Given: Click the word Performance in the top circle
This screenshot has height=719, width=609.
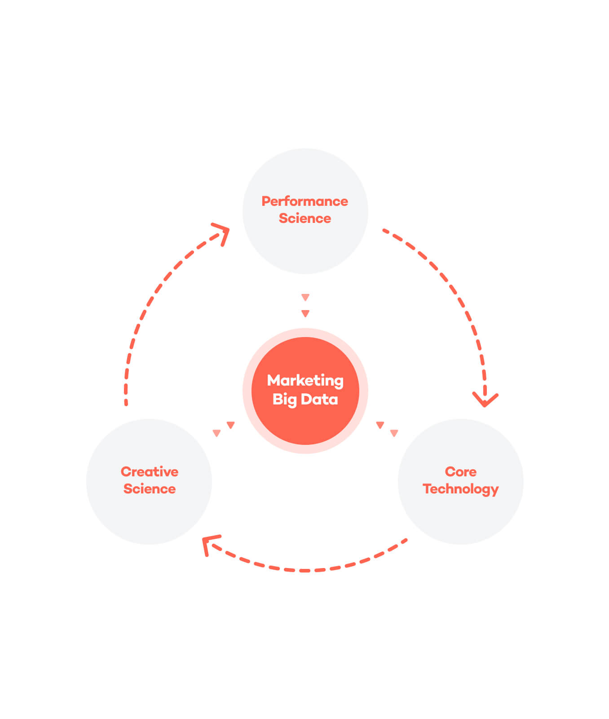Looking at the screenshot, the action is coord(304,201).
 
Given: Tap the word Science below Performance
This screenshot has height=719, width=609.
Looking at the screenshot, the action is coord(305,218).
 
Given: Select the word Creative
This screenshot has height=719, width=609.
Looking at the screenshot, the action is coord(150,472).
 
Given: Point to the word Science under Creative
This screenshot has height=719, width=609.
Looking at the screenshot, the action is coord(150,489).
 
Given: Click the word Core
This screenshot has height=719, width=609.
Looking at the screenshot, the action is coord(461,472).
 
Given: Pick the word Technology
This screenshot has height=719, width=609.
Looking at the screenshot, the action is coord(461,489).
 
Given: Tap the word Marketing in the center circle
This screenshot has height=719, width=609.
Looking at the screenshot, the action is coord(305,381).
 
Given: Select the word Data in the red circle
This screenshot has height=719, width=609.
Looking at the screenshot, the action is coord(319,399).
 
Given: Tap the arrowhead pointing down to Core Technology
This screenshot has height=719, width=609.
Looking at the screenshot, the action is coord(485,399).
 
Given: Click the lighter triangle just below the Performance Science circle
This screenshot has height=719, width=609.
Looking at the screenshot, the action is coord(305,297).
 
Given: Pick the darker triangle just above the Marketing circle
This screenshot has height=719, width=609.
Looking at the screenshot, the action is coord(305,314).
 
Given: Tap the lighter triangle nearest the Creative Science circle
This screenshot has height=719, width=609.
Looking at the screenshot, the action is coord(216,433).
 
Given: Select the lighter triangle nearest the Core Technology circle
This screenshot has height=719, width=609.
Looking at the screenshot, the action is coord(394,433).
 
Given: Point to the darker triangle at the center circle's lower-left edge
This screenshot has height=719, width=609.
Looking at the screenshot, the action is coord(231,425).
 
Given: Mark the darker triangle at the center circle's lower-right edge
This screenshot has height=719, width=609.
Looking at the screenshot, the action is coord(380,425).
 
